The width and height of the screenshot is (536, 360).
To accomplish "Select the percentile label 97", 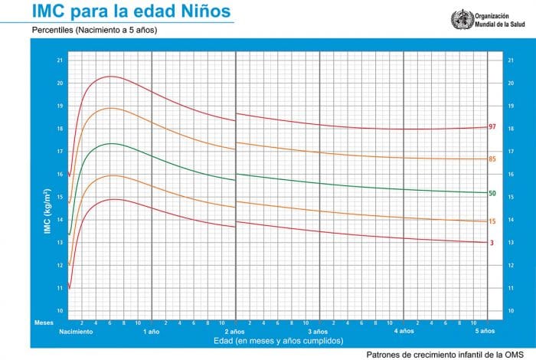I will click(x=493, y=126).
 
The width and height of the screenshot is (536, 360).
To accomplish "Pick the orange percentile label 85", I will click(x=493, y=159).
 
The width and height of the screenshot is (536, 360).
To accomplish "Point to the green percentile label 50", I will click(x=493, y=193).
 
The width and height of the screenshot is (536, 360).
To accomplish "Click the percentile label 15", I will click(x=493, y=221).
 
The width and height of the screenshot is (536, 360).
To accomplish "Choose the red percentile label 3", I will click(x=492, y=243).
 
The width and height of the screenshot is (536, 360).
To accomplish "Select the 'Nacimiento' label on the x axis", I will click(x=76, y=332).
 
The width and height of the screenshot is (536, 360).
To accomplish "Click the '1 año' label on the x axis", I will click(x=151, y=332).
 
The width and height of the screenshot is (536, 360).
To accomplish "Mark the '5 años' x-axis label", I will click(x=485, y=332).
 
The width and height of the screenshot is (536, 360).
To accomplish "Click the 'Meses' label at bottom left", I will click(x=44, y=322).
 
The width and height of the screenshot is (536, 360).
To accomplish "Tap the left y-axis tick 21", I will click(x=60, y=60).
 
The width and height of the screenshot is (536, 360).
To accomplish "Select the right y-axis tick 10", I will click(x=511, y=311).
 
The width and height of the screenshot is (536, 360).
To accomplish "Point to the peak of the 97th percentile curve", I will click(x=111, y=76).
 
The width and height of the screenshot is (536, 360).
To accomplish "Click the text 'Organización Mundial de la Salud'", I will click(x=498, y=19).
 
